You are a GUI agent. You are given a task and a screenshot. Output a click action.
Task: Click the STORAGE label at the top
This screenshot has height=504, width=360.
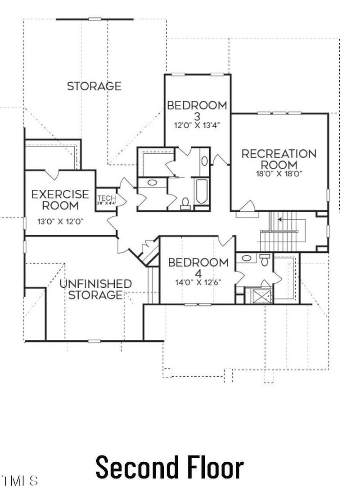(94, 86)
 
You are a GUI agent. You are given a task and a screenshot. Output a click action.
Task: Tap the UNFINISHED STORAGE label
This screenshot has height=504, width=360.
(95, 289)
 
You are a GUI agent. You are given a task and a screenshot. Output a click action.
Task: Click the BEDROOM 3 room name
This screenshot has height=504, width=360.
(197, 110)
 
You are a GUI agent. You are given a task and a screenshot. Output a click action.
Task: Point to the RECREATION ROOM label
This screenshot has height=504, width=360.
(279, 159)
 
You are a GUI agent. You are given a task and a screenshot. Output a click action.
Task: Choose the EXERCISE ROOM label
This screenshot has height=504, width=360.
(60, 200)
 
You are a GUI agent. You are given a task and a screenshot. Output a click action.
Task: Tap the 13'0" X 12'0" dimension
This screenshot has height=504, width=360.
(60, 221)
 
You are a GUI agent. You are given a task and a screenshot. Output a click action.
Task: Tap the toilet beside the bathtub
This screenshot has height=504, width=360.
(185, 204)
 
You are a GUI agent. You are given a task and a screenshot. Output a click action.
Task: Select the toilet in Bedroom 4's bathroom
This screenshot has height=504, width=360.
(265, 260)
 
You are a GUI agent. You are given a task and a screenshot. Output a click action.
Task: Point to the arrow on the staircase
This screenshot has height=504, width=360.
(281, 220)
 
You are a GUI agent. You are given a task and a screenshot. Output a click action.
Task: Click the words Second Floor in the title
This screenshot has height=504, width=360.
(169, 468)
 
